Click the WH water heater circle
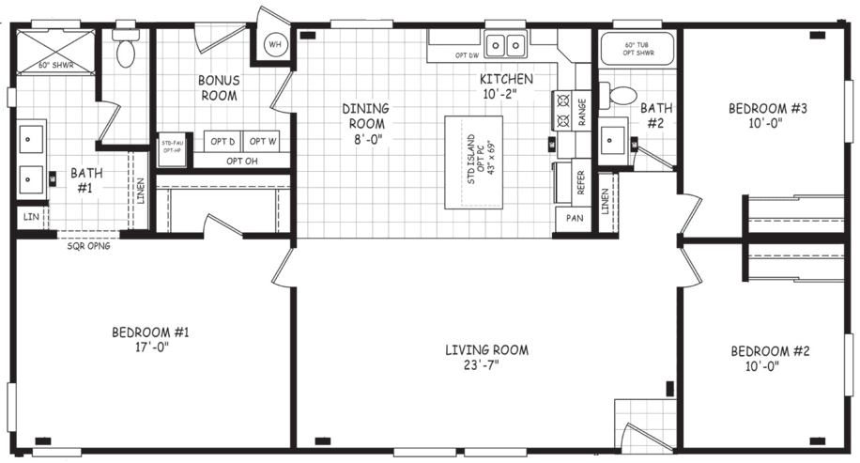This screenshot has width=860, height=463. click(x=275, y=44)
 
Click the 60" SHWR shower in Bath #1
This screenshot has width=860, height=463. click(x=55, y=53)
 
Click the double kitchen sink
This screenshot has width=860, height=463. click(x=506, y=43)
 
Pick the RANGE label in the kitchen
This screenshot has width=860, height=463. click(x=583, y=111)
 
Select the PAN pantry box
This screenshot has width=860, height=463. click(x=574, y=220)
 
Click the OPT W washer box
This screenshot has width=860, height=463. click(x=264, y=142)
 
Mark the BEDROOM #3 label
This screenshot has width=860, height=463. click(x=768, y=108)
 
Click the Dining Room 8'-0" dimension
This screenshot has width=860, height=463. click(x=366, y=139)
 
